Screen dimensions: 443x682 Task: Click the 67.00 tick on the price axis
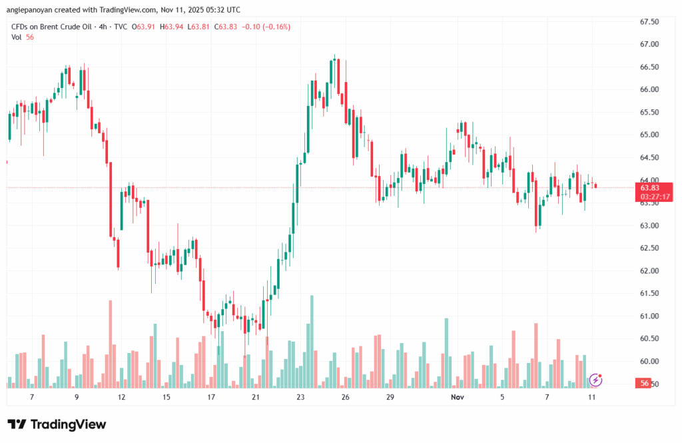coord(649,45)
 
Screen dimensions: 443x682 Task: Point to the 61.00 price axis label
coord(649,316)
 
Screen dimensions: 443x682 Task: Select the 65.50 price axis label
coord(649,113)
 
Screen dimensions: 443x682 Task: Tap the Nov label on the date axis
coord(457,397)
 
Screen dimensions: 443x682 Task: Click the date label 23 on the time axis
coord(300,397)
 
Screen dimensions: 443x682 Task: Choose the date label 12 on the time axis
coord(121,397)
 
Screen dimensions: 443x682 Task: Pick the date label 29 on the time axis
coord(390,397)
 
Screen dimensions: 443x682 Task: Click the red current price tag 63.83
coord(649,188)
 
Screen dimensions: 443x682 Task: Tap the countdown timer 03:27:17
coord(655,197)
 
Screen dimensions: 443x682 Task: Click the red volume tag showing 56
coord(644,383)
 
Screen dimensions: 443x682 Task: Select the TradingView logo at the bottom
coord(57,424)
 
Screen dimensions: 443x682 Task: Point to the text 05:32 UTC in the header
coord(223,10)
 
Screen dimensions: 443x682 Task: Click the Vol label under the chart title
coord(17,37)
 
